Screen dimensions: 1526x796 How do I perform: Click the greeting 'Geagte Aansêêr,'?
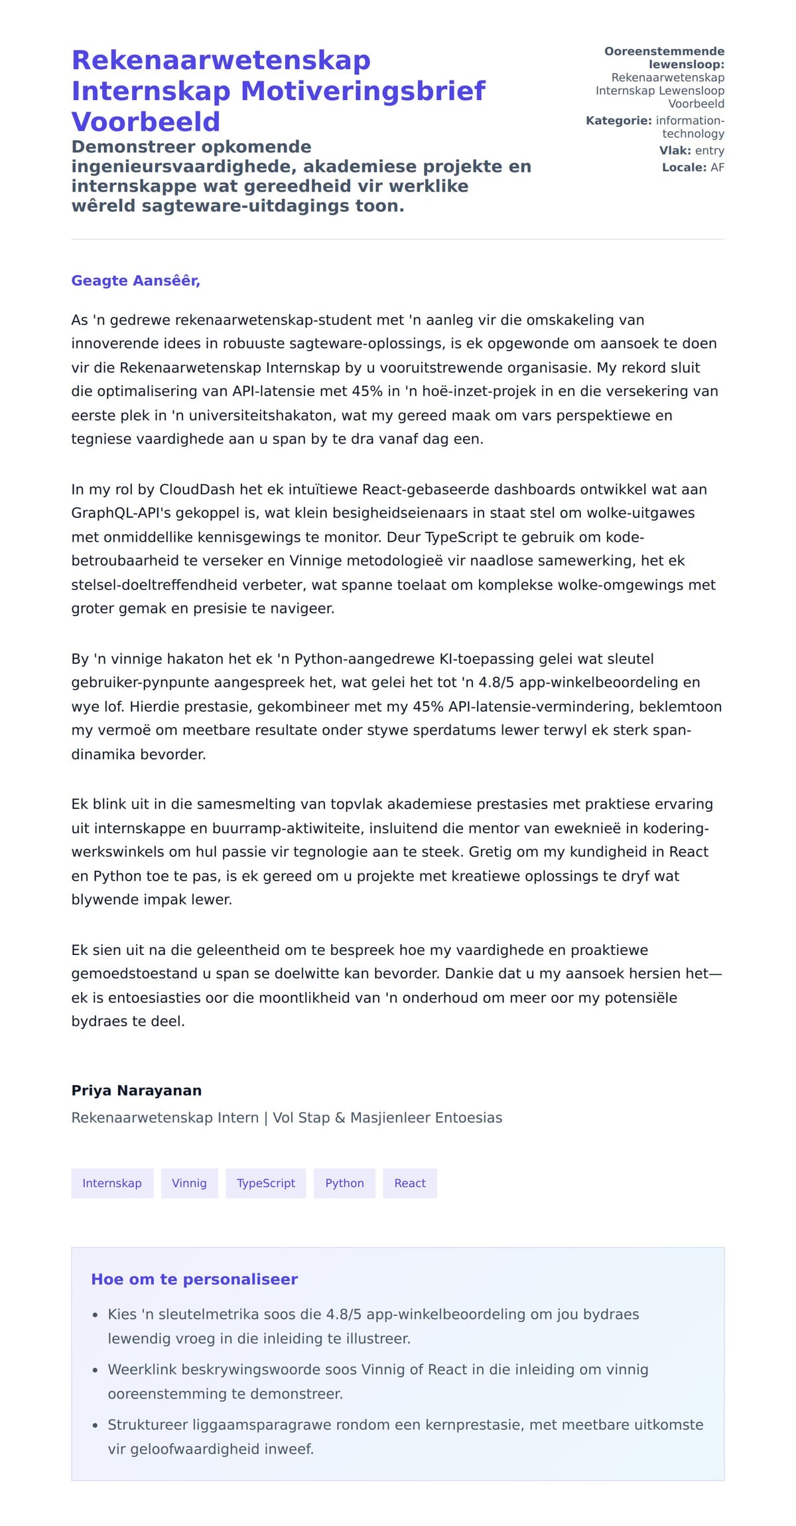[x=135, y=281]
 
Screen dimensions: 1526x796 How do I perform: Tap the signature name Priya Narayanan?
[x=136, y=1090]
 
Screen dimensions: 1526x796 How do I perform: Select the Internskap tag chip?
[x=112, y=1183]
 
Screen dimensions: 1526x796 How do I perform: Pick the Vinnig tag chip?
[x=189, y=1183]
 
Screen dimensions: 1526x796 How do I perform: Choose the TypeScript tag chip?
[x=266, y=1183]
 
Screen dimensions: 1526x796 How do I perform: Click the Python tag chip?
[x=344, y=1183]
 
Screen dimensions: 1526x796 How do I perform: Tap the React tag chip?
[x=410, y=1183]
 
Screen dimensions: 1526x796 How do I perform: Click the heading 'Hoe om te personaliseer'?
[x=194, y=1279]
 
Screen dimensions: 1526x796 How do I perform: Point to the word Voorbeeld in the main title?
[x=145, y=122]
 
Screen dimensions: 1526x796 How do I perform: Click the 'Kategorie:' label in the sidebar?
[x=618, y=121]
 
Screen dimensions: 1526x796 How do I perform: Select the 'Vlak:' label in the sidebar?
[x=675, y=151]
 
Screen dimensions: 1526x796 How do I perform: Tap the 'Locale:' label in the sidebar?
[x=684, y=167]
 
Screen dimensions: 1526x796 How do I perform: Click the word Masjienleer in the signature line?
[x=390, y=1117]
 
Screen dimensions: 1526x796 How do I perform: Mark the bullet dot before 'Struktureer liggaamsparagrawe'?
[x=95, y=1425]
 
